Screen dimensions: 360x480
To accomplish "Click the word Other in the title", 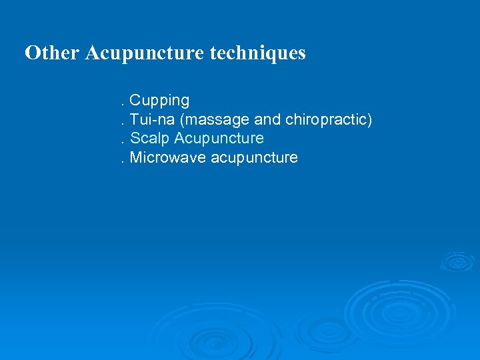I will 52,53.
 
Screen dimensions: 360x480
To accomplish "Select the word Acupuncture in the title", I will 143,53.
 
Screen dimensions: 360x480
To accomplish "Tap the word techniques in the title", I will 257,53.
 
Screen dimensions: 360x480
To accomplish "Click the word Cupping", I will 159,101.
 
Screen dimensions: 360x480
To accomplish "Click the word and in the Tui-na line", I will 267,120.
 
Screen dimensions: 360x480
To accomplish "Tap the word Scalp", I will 149,139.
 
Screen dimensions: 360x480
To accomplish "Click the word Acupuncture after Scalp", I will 219,139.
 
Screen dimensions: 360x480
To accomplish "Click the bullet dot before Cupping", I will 121,105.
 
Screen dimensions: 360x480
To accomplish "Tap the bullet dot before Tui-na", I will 121,124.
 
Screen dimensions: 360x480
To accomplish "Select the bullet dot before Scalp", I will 121,143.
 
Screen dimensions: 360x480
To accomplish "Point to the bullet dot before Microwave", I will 121,162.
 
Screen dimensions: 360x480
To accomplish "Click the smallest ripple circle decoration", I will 457,261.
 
